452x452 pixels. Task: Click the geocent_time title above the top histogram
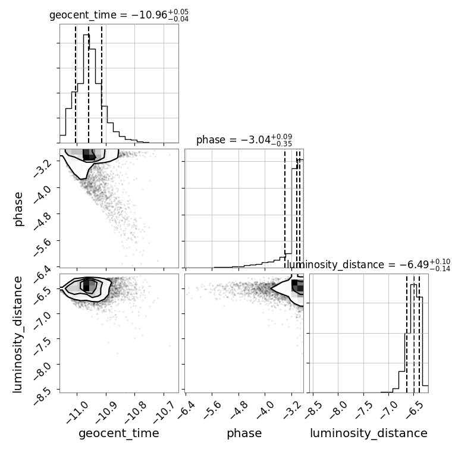pos(119,15)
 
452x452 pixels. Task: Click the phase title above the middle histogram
pos(244,140)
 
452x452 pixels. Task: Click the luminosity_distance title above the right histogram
pos(368,265)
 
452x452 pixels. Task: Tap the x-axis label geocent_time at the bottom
pos(119,433)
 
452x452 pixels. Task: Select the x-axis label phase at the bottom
pos(244,433)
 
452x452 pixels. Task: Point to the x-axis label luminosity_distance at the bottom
pos(369,433)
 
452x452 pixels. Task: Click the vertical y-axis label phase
pos(18,209)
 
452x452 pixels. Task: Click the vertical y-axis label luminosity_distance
pos(17,334)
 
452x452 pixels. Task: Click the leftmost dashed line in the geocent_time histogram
pos(76,83)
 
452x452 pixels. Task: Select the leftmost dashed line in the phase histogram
pos(285,208)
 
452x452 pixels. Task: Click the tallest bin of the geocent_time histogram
pos(86,89)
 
